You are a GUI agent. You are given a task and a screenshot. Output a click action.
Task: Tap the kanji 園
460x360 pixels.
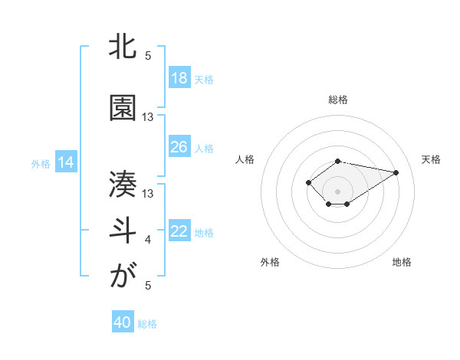pos(123,109)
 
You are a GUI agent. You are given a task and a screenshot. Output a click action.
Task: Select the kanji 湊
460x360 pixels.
pos(123,184)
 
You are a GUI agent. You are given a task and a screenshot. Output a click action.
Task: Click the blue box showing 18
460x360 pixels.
pos(179,78)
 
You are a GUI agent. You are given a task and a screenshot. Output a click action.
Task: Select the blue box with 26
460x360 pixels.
pos(179,147)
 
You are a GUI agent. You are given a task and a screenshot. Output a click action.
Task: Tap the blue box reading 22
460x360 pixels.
pos(179,231)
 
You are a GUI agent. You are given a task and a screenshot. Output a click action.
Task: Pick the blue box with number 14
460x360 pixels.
pos(66,162)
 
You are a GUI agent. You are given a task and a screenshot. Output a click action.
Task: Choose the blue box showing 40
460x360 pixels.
pos(123,322)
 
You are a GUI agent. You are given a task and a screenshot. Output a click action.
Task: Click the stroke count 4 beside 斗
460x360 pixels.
pos(148,241)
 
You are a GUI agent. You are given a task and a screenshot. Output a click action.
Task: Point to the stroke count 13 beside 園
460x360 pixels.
pos(148,117)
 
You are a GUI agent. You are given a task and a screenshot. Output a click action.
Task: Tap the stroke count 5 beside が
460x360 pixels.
pos(148,286)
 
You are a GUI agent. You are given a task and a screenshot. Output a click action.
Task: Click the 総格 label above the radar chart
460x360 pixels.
pos(338,100)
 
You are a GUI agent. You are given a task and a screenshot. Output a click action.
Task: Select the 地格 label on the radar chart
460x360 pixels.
pos(402,263)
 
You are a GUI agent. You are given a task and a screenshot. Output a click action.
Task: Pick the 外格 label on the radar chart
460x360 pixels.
pos(270,263)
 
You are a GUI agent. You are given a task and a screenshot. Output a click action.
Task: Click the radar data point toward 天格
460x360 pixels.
pos(396,172)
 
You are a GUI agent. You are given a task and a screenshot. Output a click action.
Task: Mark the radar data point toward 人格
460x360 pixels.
pos(308,182)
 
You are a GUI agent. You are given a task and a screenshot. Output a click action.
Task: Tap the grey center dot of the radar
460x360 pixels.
pos(337,191)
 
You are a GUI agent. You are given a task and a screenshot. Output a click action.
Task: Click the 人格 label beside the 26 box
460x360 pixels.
pos(204,148)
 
